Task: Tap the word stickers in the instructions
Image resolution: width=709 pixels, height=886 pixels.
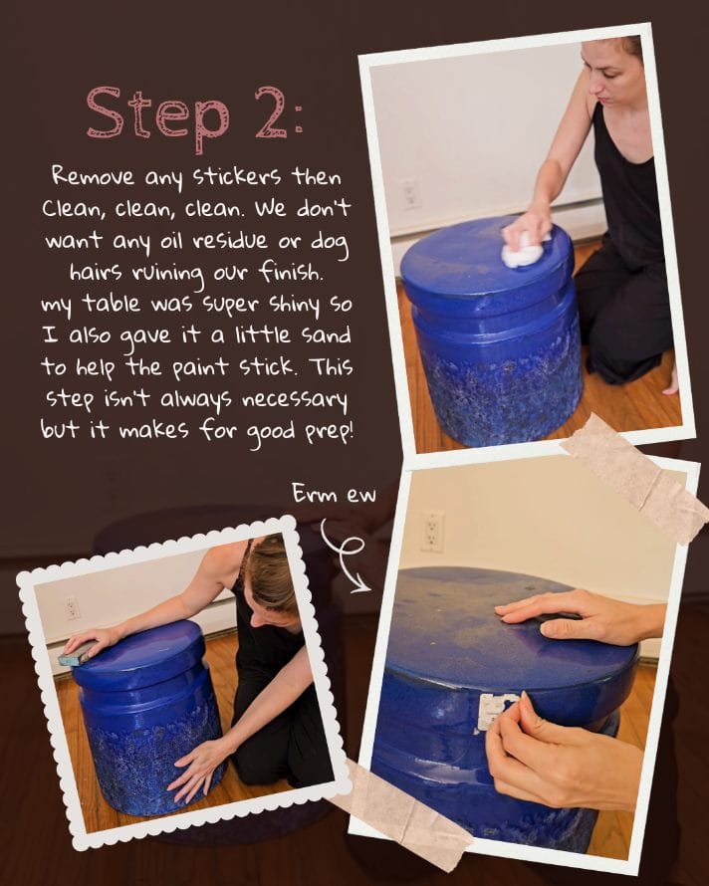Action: point(237,177)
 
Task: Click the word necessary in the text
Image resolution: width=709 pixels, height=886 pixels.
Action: point(294,401)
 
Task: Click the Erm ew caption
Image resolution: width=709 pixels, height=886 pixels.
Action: point(335,495)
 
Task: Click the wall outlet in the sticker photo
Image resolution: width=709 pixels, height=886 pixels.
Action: point(432,532)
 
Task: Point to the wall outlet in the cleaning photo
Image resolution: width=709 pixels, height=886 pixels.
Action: point(409,194)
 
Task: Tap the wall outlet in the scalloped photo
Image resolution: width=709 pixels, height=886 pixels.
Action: point(72,608)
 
